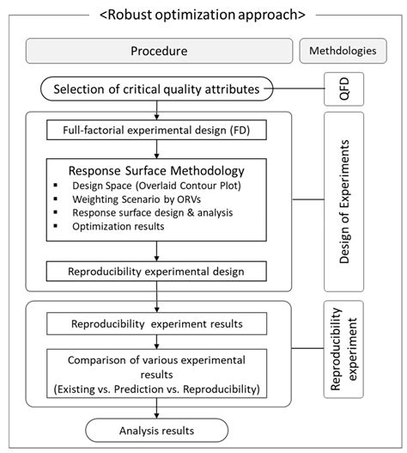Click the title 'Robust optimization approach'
(203, 15)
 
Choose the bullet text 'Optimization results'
(123, 226)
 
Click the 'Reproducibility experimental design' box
(155, 272)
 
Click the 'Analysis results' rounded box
(155, 430)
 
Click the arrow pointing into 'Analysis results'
(155, 413)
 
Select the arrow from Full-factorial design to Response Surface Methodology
(155, 150)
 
